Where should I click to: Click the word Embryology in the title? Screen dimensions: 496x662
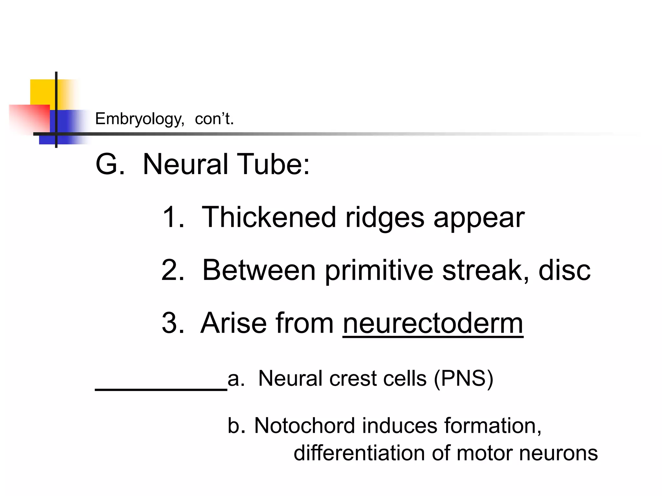[x=139, y=119]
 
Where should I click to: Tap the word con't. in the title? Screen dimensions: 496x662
[x=214, y=119]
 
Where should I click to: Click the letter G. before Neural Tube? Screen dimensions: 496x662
[x=110, y=164]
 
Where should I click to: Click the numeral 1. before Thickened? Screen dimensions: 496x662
[x=173, y=217]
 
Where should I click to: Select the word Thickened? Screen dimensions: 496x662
[x=269, y=217]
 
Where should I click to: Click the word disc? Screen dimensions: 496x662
[x=564, y=270]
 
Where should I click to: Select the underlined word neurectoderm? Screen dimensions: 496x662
[x=433, y=323]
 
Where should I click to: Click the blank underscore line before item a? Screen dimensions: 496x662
[x=161, y=390]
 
